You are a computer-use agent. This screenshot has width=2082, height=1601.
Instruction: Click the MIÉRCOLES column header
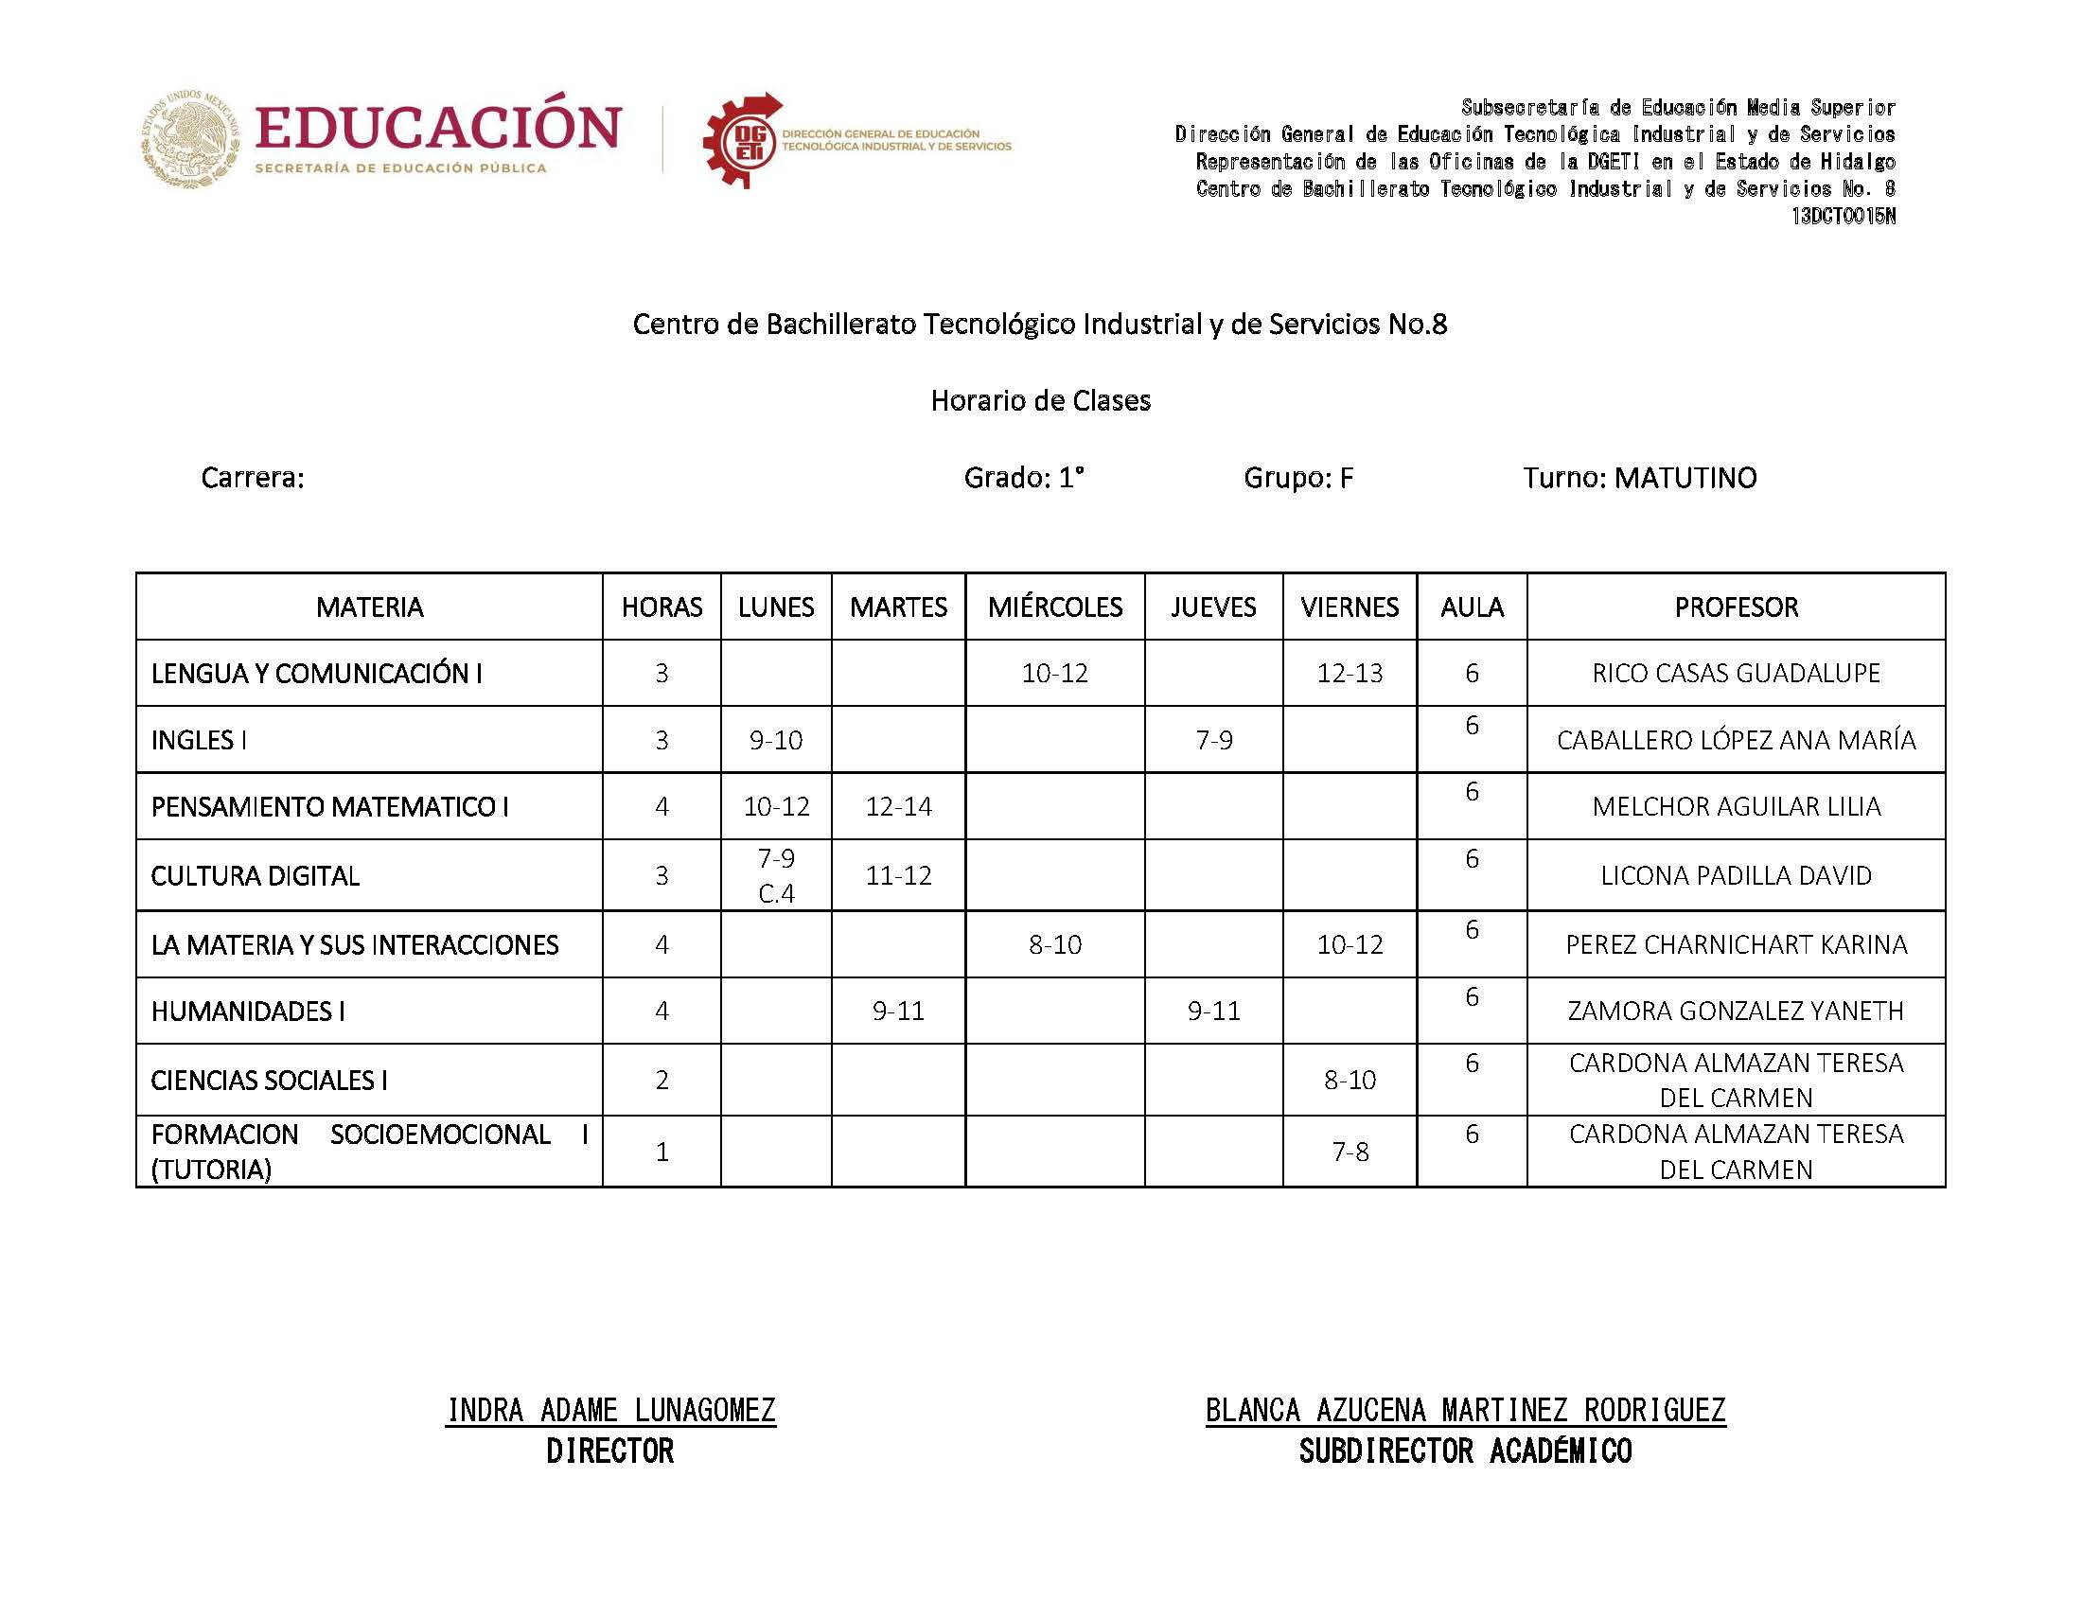point(1054,607)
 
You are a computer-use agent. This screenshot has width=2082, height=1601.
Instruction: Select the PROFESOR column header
point(1736,607)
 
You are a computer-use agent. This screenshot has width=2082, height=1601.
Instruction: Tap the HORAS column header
point(662,607)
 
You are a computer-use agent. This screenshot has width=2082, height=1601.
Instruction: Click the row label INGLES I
point(199,740)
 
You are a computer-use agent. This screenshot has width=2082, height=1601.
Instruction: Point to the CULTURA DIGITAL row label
point(256,876)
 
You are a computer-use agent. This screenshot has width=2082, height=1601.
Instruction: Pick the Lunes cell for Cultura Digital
point(776,875)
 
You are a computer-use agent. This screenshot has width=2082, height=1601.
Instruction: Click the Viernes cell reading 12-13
point(1350,673)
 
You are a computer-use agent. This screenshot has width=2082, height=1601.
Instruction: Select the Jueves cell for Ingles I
point(1213,740)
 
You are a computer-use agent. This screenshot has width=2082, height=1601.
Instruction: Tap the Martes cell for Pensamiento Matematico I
point(897,806)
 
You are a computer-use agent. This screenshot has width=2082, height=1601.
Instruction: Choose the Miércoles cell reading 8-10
point(1054,944)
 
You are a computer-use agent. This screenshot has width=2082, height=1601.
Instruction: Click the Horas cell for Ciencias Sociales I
point(662,1080)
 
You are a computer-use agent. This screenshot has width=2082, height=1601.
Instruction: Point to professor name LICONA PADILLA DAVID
point(1736,876)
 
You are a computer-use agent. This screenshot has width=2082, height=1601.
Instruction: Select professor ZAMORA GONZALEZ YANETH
point(1736,1011)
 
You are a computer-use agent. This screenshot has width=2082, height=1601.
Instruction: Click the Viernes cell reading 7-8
point(1350,1152)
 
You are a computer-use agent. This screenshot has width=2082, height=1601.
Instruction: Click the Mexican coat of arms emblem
point(190,139)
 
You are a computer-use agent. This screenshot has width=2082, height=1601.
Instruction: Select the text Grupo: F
point(1297,478)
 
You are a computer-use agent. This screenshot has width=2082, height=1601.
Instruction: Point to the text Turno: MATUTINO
point(1639,478)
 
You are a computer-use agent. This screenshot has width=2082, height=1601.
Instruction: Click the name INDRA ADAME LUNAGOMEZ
point(610,1410)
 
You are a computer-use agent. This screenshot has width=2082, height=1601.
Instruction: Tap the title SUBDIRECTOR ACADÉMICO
point(1465,1451)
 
